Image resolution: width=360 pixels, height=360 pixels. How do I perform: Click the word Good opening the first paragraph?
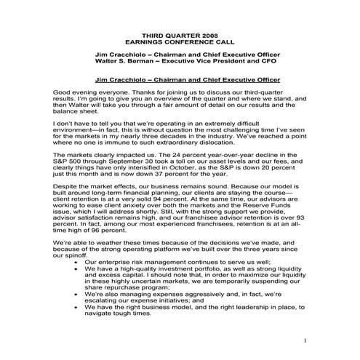click(64, 93)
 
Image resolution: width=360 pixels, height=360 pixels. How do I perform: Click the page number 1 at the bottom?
click(307, 340)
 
